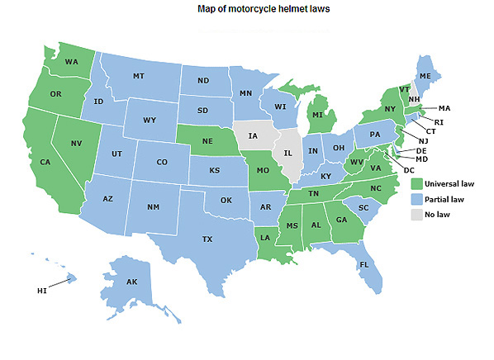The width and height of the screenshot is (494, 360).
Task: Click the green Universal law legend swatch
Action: (417, 182)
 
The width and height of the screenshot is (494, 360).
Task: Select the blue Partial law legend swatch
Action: (417, 198)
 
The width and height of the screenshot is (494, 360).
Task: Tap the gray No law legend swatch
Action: (417, 214)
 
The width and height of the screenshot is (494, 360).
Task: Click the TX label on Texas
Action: (207, 239)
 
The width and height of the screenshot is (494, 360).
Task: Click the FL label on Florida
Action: (364, 265)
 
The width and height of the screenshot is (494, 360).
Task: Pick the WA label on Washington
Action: (72, 61)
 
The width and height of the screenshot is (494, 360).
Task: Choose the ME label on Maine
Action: (425, 76)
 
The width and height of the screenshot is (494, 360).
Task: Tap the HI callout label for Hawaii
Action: (42, 291)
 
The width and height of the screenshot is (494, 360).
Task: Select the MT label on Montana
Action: (140, 75)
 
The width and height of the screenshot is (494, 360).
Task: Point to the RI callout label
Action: (439, 122)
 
